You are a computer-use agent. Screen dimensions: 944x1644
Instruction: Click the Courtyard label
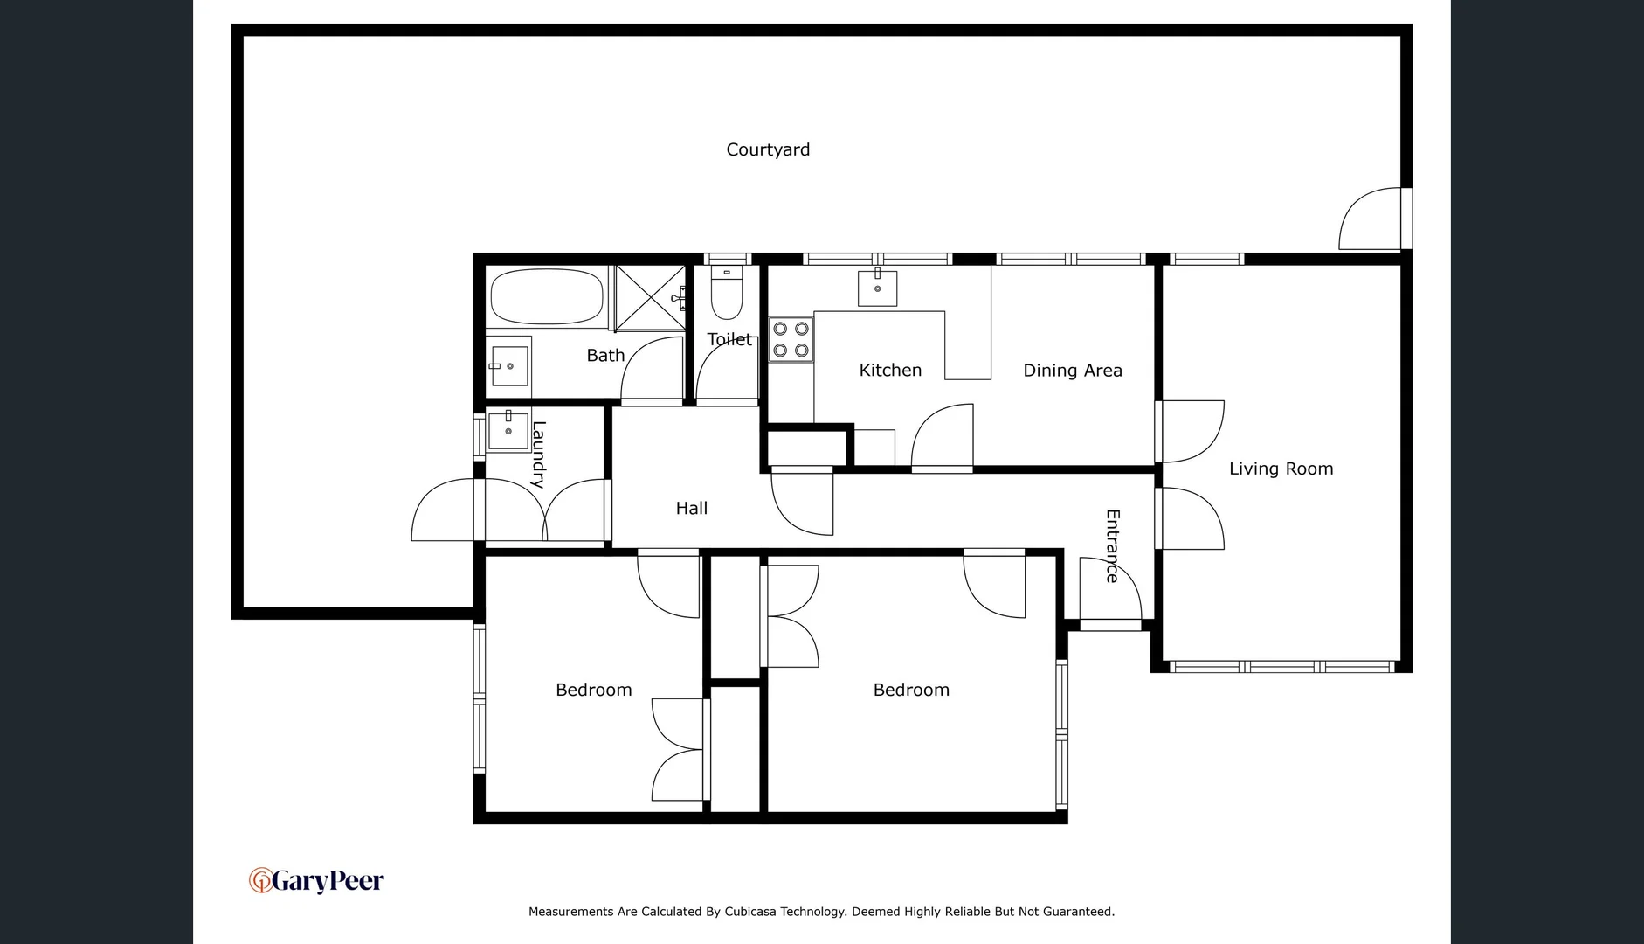coord(768,149)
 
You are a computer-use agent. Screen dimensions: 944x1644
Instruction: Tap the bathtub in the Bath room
coord(547,297)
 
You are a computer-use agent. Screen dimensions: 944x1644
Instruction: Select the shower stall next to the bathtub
coord(650,298)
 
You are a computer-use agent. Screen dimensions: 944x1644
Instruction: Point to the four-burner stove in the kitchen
coord(791,339)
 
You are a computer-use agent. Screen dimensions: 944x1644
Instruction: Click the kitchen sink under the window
coord(877,288)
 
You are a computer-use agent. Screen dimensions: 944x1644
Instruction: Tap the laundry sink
coord(508,430)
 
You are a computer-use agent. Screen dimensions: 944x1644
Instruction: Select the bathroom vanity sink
coord(508,365)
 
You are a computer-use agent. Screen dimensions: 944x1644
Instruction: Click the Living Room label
coord(1281,469)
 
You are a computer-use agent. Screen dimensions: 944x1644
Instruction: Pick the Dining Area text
coord(1072,371)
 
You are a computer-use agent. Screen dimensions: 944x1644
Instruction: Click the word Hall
coord(691,508)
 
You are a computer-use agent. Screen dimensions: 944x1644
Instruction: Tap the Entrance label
coord(1112,545)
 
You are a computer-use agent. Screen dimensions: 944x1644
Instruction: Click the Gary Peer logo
coord(316,880)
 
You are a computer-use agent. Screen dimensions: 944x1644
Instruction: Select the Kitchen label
coord(890,371)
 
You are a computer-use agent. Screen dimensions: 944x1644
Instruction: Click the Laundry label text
coord(539,455)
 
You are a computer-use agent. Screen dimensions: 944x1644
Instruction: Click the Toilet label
coord(729,339)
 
